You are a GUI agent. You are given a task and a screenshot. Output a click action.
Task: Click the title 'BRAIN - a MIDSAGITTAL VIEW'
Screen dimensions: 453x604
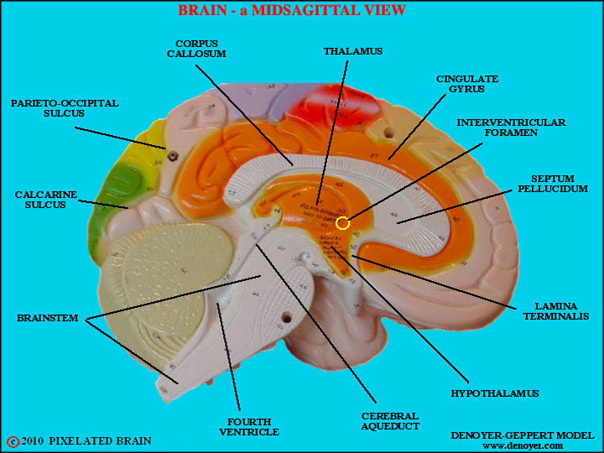[x=292, y=11]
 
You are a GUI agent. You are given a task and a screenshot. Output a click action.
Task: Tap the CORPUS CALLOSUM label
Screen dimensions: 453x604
[x=200, y=48]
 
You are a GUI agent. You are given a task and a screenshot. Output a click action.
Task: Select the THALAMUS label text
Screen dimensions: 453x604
[x=352, y=51]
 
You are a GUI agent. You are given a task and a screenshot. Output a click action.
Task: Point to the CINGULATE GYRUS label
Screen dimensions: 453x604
[x=466, y=84]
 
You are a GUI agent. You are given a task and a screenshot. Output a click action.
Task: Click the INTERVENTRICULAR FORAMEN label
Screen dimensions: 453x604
[x=511, y=128]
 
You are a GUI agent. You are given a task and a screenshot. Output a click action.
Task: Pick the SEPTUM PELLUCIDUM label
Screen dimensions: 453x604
[x=552, y=185]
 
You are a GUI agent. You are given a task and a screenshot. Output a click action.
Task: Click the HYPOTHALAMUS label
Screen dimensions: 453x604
[x=494, y=393]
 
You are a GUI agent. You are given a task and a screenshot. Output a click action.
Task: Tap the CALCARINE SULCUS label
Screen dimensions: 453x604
[x=46, y=200]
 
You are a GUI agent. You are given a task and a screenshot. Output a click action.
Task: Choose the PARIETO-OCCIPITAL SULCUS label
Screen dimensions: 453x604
[x=65, y=109]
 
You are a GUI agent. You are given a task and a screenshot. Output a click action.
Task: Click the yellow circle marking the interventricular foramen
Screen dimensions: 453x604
[x=342, y=223]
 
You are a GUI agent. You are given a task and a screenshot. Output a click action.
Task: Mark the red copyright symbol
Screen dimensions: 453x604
[x=13, y=441]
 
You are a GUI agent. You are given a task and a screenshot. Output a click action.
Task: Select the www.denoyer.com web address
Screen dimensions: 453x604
[x=522, y=446]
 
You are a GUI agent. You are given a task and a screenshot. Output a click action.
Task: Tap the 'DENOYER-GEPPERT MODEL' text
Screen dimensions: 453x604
[x=521, y=435]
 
